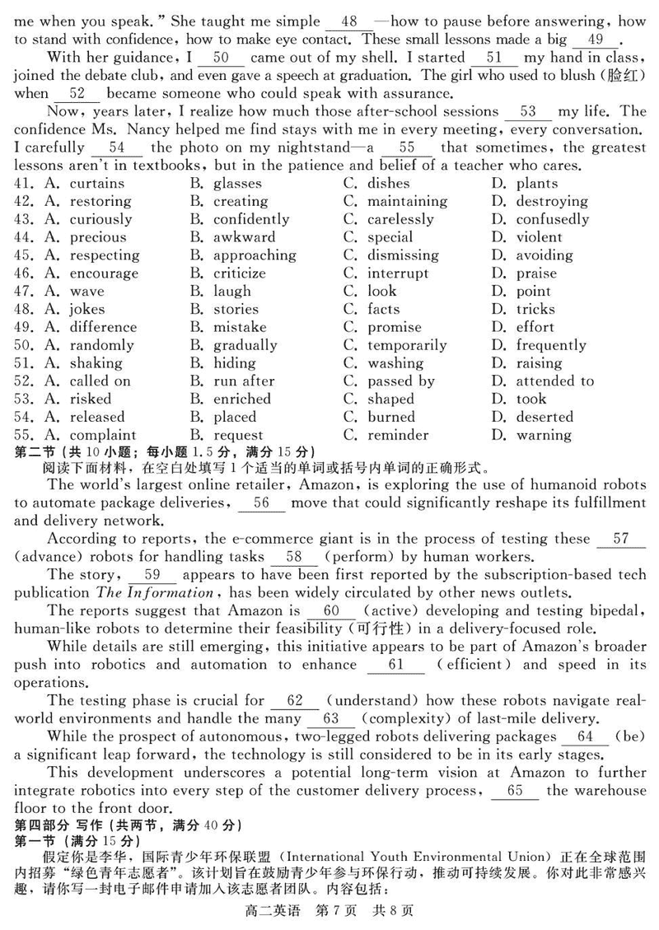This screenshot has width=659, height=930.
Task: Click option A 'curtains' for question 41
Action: coord(96,184)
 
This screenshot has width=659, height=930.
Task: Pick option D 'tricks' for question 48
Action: coord(535,310)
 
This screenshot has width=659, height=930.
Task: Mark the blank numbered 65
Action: coord(515,791)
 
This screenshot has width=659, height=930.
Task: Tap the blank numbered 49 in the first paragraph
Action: coord(596,39)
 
